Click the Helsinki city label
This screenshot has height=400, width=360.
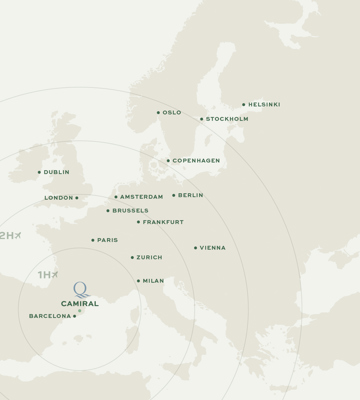(264, 105)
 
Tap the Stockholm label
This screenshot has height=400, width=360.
(227, 119)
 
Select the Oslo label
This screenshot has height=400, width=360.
(172, 113)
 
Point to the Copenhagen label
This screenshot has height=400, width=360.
(196, 161)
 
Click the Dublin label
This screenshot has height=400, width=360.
(57, 172)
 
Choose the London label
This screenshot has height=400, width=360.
(59, 198)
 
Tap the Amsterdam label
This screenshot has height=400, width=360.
(141, 197)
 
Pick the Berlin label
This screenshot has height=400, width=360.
(190, 196)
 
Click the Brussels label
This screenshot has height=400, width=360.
(130, 211)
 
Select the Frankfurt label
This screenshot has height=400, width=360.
(163, 222)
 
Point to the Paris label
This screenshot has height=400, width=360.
(107, 240)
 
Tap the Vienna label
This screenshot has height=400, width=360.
(212, 248)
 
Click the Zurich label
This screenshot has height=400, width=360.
(149, 258)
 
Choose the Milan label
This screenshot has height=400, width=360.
(153, 281)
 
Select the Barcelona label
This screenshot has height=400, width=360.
(50, 316)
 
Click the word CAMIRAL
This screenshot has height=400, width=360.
(80, 303)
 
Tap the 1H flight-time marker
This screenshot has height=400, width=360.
(47, 274)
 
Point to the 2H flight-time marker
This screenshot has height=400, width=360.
(10, 235)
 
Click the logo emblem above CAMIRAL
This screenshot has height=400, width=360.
(80, 289)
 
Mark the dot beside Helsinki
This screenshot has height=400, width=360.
(243, 105)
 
